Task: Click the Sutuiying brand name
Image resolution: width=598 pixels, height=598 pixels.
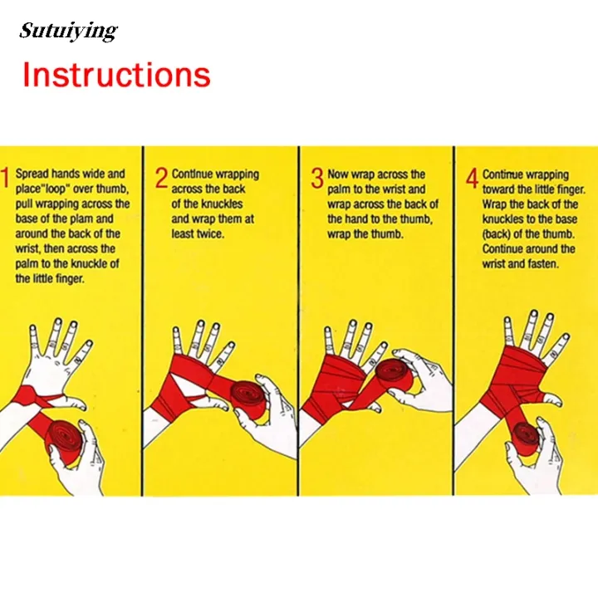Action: (x=68, y=31)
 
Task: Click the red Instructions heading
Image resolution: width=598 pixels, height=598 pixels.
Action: (x=116, y=75)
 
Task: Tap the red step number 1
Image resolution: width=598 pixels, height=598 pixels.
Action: (x=5, y=178)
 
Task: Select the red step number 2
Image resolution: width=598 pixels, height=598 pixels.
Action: (x=161, y=178)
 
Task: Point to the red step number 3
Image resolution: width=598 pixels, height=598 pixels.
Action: (x=317, y=178)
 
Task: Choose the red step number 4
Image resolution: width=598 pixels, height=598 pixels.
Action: (x=472, y=178)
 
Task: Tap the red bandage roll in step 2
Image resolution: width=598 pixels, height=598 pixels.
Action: (x=250, y=398)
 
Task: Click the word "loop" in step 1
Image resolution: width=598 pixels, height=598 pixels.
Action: (x=55, y=189)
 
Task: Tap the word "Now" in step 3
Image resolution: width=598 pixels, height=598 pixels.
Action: (x=338, y=174)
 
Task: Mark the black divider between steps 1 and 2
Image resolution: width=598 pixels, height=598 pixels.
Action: (x=143, y=321)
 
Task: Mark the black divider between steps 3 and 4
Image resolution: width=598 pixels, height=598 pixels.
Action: (x=453, y=321)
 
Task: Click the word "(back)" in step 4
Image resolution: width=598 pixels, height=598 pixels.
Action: (x=497, y=234)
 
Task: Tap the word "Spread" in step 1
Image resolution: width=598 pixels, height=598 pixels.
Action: (x=32, y=174)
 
